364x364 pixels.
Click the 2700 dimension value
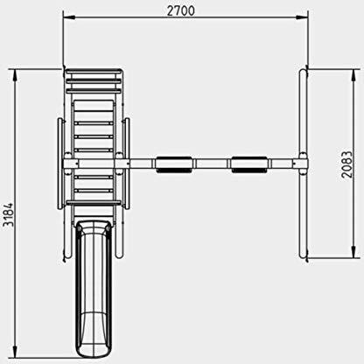click(x=182, y=11)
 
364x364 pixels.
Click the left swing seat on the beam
click(x=174, y=164)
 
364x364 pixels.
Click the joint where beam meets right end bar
click(x=302, y=164)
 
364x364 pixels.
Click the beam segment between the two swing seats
click(x=211, y=164)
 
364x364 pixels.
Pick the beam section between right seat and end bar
click(x=282, y=164)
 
